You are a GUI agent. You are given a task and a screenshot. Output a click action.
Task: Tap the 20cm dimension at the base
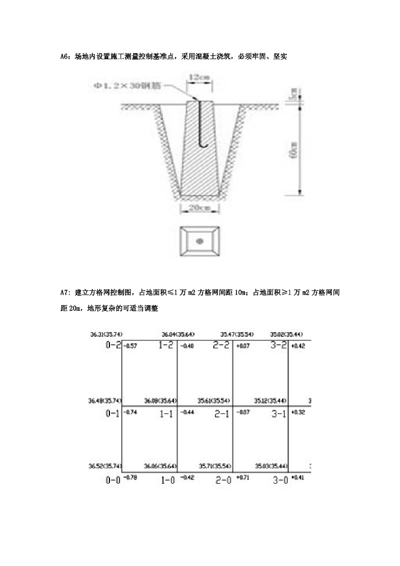199,208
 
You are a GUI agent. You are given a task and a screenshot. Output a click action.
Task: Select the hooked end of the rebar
202,145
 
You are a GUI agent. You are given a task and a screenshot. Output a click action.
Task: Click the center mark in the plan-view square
200,240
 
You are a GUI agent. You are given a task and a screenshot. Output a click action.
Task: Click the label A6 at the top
64,56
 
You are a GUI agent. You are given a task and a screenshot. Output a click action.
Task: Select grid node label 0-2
113,344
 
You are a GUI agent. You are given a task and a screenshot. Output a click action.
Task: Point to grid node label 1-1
166,414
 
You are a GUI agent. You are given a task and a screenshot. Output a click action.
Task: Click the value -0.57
131,346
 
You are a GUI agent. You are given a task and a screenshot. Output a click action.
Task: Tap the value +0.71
244,476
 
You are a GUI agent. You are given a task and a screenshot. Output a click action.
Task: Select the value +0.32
298,412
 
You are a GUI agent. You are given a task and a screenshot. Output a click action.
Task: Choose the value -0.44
188,412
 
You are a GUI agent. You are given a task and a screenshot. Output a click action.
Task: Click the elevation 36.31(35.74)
106,334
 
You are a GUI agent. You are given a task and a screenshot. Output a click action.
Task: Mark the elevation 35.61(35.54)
214,400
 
